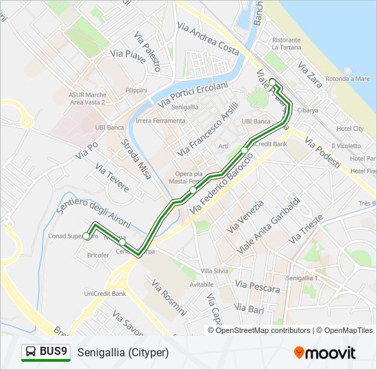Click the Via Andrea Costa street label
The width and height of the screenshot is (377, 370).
click(x=208, y=38)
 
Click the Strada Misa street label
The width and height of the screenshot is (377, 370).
click(x=135, y=159)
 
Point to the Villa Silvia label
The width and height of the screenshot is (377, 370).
click(x=215, y=271)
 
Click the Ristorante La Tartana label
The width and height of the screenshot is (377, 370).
click(x=286, y=44)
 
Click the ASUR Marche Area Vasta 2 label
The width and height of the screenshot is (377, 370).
click(x=86, y=98)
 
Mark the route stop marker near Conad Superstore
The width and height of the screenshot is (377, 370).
click(x=86, y=236)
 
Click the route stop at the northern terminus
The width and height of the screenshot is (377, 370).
click(x=272, y=82)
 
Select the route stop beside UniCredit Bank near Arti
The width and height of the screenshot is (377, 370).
click(x=245, y=149)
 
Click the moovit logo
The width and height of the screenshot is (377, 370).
click(x=325, y=352)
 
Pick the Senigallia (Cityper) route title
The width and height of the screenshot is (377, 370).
click(x=123, y=352)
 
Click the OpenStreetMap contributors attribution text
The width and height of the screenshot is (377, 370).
click(x=263, y=330)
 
